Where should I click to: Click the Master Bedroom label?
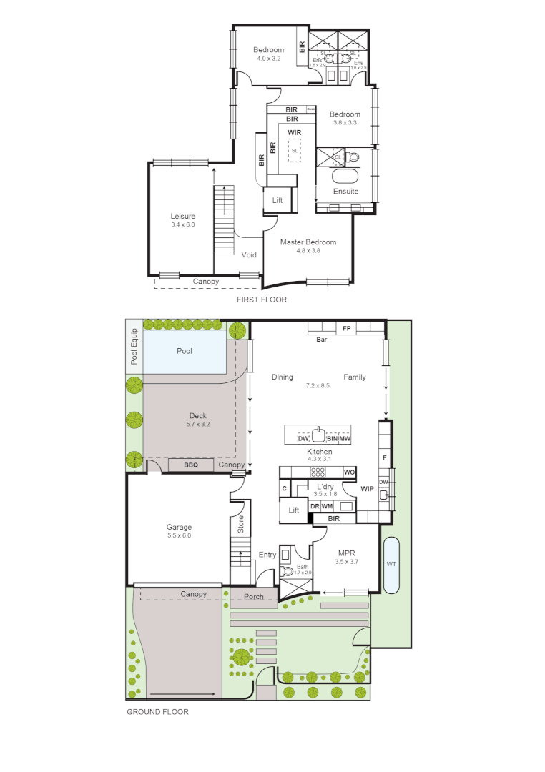tap(308, 242)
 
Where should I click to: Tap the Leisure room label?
tap(182, 216)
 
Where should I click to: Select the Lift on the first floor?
tap(278, 201)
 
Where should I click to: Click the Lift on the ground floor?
tap(293, 510)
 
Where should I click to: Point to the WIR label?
tap(294, 133)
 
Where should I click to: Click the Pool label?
tap(185, 351)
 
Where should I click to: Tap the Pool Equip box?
tap(134, 347)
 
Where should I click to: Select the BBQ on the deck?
tap(190, 465)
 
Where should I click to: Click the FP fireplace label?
tap(346, 328)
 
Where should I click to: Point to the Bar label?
tap(322, 340)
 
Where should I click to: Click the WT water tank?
tap(391, 565)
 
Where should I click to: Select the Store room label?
tap(241, 525)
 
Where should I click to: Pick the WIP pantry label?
tap(368, 490)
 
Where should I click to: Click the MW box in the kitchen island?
tap(345, 438)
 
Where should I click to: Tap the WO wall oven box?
tap(349, 472)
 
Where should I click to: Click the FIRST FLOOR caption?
tap(261, 300)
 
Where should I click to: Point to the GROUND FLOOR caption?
tap(157, 712)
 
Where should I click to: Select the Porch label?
tap(254, 596)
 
